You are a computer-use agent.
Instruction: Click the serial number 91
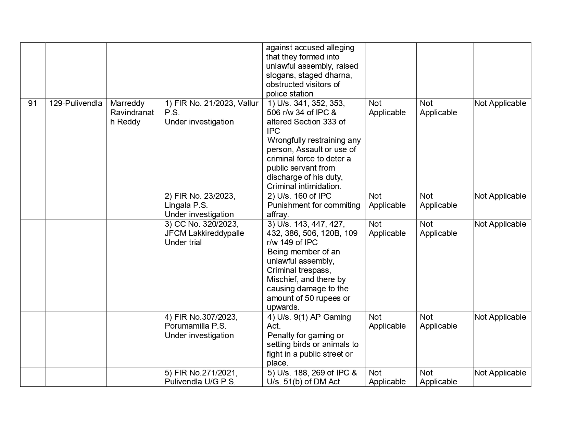(32, 103)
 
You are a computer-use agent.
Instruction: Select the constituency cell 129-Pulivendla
(75, 103)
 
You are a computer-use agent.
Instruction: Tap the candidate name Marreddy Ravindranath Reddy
(132, 113)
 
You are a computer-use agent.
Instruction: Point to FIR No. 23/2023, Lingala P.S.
(200, 201)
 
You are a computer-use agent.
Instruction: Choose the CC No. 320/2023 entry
(201, 224)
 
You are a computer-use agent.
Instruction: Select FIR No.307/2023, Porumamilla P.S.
(201, 321)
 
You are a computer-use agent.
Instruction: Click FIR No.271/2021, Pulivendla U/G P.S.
(201, 377)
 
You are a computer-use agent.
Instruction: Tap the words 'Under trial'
(183, 242)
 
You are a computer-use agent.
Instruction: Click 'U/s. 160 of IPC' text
(299, 196)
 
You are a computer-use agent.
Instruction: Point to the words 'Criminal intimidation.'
(304, 186)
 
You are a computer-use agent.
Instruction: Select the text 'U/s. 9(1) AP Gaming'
(309, 317)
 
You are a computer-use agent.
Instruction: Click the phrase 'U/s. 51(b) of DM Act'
(303, 382)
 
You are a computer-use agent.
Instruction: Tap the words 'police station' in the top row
(290, 94)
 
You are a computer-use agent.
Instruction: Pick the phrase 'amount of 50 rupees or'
(308, 298)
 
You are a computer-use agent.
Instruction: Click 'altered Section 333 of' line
(306, 122)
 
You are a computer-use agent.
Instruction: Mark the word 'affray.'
(278, 214)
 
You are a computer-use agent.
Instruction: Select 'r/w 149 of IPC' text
(292, 242)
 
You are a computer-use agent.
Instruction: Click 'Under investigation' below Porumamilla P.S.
(199, 335)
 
